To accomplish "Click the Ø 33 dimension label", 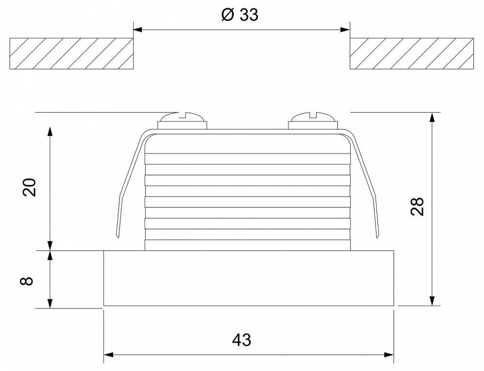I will click(240, 15).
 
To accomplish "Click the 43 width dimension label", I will click(242, 340).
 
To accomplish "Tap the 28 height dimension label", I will click(417, 206).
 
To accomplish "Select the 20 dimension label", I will click(30, 187).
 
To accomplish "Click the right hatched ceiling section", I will click(411, 54).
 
